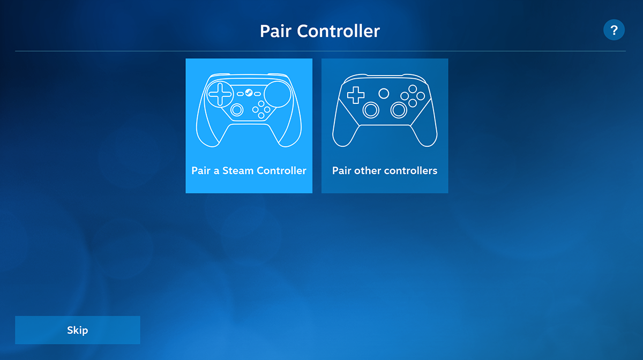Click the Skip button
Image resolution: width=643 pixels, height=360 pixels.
point(78,330)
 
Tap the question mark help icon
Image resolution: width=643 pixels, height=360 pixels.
point(614,30)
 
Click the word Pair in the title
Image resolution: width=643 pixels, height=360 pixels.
point(275,31)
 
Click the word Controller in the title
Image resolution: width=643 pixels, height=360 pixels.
point(338,31)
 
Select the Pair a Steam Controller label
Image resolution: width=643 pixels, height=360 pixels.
point(249,170)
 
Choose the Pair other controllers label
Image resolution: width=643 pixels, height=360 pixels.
point(385,170)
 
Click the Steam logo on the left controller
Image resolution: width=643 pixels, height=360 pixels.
point(249,93)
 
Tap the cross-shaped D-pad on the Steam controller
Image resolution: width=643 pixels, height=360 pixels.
point(220,94)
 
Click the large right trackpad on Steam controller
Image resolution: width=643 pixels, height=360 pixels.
point(278,94)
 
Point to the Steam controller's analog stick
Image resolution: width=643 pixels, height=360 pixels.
point(237,110)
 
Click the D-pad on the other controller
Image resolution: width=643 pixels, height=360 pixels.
point(356,95)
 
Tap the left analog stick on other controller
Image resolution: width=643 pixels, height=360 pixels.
point(371,110)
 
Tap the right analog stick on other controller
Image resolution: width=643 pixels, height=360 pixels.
point(399,110)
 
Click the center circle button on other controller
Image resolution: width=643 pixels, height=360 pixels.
point(384,93)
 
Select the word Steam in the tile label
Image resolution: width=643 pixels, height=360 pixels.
point(238,170)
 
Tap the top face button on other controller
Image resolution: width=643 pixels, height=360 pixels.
point(413,89)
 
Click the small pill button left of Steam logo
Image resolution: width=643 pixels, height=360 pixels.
point(240,94)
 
